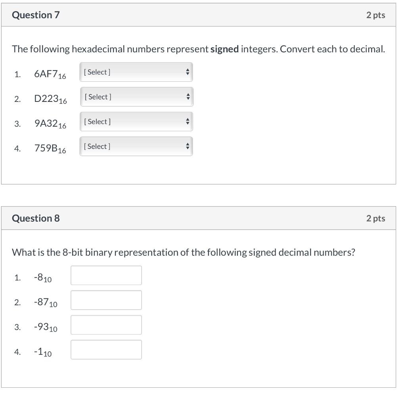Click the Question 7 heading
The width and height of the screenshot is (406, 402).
click(36, 15)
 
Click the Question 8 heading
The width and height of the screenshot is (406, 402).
click(36, 218)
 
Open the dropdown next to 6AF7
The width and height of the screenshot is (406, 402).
click(136, 72)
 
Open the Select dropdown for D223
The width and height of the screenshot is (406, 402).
click(136, 97)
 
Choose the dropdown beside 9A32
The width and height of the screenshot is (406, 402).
click(136, 122)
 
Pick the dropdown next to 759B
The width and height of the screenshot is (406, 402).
click(136, 146)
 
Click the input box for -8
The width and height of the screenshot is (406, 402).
click(106, 275)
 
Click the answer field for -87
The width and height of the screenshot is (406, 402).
click(106, 300)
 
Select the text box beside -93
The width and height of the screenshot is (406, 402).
click(106, 325)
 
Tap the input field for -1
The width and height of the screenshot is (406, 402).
click(106, 350)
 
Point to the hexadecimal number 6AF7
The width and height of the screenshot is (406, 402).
click(50, 74)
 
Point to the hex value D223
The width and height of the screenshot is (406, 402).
click(50, 99)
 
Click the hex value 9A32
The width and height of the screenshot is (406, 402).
click(50, 124)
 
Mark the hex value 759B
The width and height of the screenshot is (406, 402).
click(50, 149)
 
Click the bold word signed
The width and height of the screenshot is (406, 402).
click(224, 50)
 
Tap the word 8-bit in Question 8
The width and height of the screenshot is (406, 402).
click(73, 253)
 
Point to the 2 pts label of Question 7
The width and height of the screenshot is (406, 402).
click(375, 15)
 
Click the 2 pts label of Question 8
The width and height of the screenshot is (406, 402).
click(375, 218)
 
